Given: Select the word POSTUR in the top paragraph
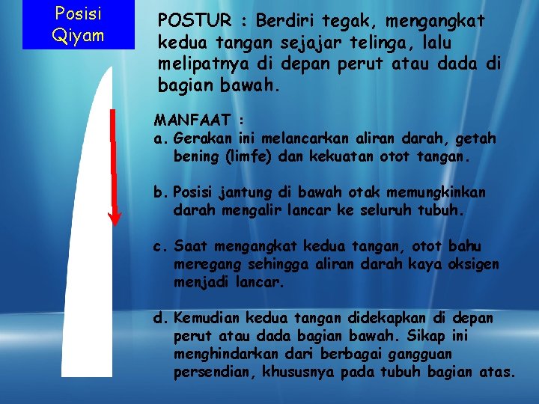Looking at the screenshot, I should click(x=190, y=22).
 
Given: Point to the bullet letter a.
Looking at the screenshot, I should click(x=159, y=138).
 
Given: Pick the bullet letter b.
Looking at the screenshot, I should click(x=159, y=192).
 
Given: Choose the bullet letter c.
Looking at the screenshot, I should click(x=159, y=246).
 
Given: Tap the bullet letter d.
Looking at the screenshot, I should click(x=159, y=318).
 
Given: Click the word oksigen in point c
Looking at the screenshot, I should click(x=474, y=265).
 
